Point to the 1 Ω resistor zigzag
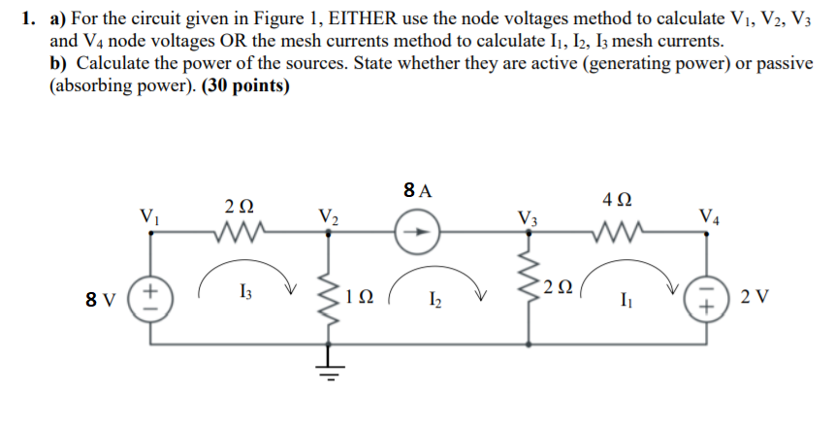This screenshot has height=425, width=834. point(331,291)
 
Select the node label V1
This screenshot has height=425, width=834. point(148,213)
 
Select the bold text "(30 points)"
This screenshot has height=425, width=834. point(245,84)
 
